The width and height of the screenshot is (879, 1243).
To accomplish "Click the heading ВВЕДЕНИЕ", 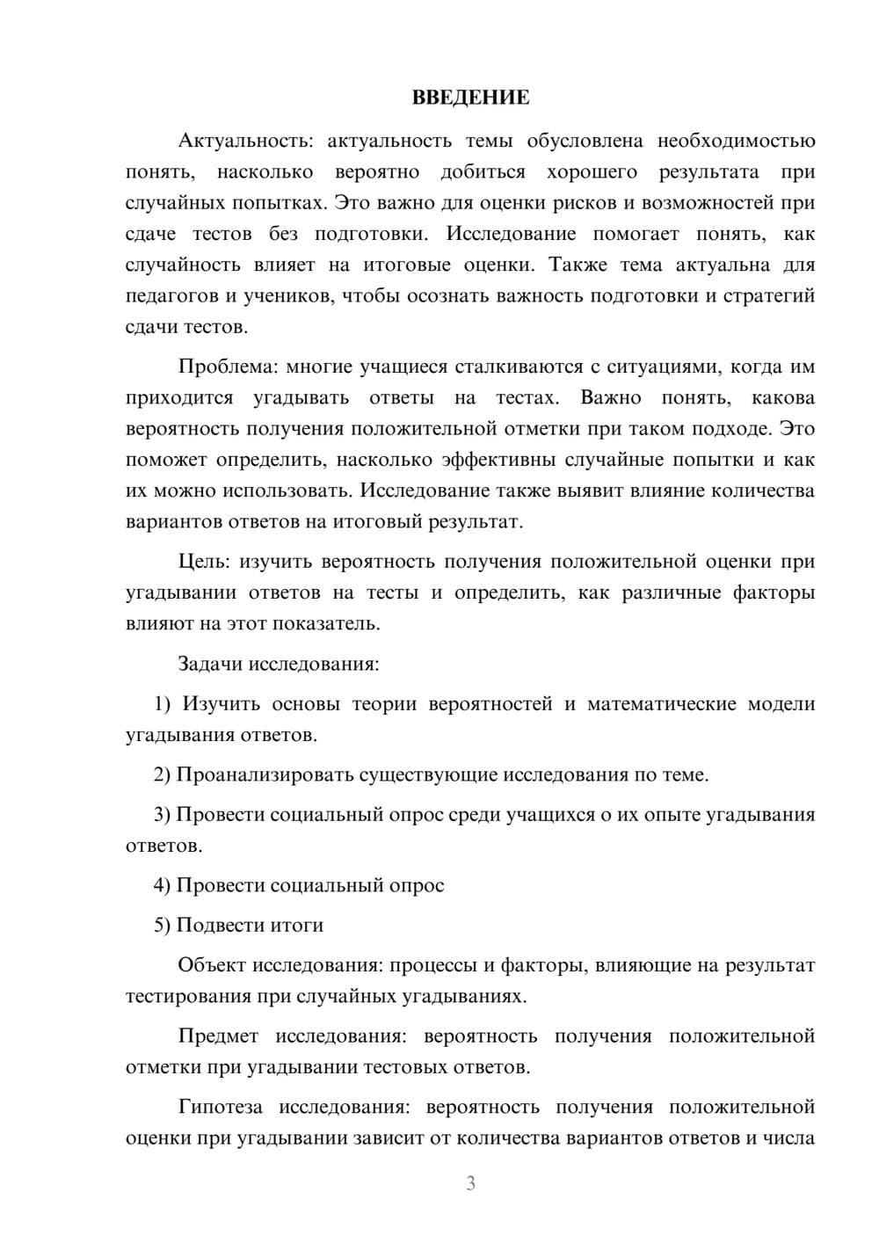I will click(470, 98).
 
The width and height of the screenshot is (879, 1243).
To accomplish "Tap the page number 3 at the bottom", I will click(470, 1183).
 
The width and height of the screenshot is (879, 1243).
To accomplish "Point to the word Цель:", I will click(204, 561).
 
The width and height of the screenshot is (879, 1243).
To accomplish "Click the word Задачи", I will click(211, 664).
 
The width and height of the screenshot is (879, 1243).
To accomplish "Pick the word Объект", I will click(212, 965).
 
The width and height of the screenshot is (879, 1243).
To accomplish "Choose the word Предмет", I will click(218, 1036).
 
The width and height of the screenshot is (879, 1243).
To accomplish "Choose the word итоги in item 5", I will click(297, 925).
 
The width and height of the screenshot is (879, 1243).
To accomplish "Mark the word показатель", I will click(326, 623).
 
